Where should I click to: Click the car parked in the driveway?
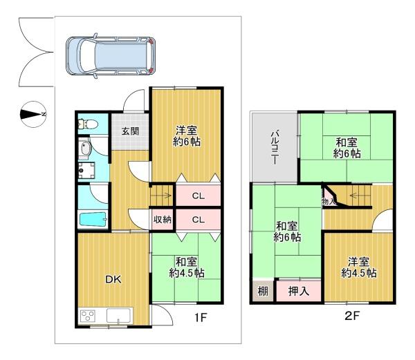click(111, 56)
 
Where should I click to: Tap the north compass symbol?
click(33, 114)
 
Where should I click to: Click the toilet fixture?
click(88, 124)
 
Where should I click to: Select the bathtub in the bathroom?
click(93, 219)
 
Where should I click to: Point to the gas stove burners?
click(88, 316)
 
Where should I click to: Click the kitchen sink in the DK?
click(118, 315)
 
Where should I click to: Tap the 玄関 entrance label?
click(130, 131)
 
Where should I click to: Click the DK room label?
click(113, 279)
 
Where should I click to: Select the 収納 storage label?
click(163, 219)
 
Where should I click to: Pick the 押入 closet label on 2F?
click(299, 291)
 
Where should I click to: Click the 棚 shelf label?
click(263, 292)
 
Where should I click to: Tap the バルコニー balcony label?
click(274, 147)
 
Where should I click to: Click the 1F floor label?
click(201, 317)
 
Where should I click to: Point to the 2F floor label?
click(352, 315)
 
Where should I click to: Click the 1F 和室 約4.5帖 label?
click(187, 267)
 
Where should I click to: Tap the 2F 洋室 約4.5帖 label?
click(359, 267)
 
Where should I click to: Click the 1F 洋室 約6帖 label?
click(187, 136)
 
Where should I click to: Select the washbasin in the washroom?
click(85, 149)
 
